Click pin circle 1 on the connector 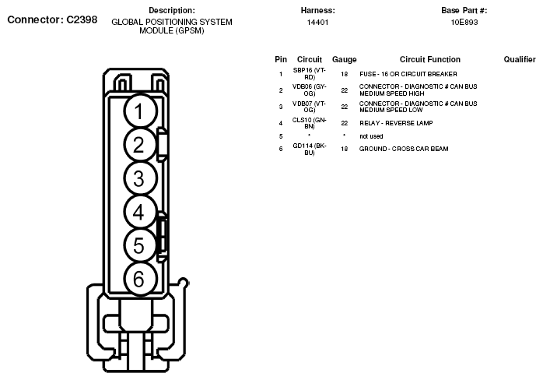(138, 111)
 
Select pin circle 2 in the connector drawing (138, 145)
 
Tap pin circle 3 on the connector (138, 178)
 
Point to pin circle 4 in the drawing (138, 212)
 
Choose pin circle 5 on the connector (138, 245)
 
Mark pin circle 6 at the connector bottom (138, 278)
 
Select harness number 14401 (317, 23)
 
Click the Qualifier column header (520, 59)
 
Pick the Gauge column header (344, 59)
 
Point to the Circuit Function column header (429, 59)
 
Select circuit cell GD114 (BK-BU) (309, 149)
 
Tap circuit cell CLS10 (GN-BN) (309, 123)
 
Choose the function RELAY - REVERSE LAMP (395, 123)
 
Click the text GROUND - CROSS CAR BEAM (403, 149)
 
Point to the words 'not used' (371, 136)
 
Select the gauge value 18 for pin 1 (344, 74)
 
